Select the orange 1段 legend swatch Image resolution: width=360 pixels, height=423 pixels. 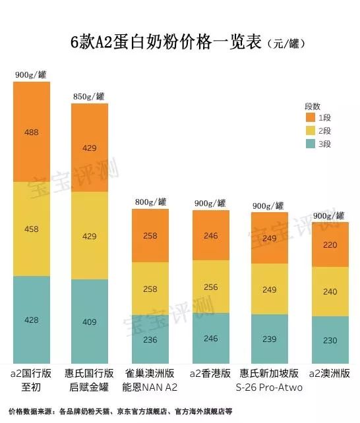pyautogui.click(x=310, y=117)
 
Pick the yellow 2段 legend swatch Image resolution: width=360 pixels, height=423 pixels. pyautogui.click(x=310, y=130)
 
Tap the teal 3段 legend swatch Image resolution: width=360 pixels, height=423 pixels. pyautogui.click(x=310, y=144)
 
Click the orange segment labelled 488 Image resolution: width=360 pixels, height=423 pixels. pyautogui.click(x=31, y=132)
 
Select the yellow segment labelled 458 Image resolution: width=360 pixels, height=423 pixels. pyautogui.click(x=31, y=229)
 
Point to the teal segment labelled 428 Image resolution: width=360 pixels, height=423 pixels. pyautogui.click(x=31, y=319)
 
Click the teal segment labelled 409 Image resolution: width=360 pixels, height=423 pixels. pyautogui.click(x=90, y=321)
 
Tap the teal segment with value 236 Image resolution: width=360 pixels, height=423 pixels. pyautogui.click(x=150, y=339)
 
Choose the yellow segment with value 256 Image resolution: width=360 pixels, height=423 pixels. pyautogui.click(x=210, y=287)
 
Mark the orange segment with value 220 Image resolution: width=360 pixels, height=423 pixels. pyautogui.click(x=330, y=244)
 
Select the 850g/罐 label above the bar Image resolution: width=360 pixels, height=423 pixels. pyautogui.click(x=89, y=96)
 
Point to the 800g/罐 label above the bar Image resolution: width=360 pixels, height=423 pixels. pyautogui.click(x=148, y=201)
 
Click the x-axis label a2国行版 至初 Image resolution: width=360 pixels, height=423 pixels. pyautogui.click(x=30, y=380)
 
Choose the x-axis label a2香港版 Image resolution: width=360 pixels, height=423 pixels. pyautogui.click(x=210, y=374)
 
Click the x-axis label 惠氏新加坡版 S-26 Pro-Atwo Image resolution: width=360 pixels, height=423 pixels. pyautogui.click(x=269, y=380)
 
